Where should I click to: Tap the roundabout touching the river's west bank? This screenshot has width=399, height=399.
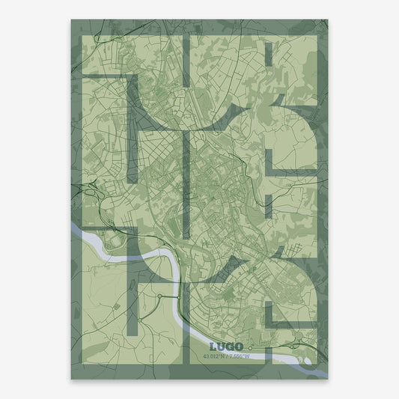tap(179, 298)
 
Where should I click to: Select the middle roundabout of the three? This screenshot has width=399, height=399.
tap(159, 296)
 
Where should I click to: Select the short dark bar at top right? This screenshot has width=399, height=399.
tap(270, 57)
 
